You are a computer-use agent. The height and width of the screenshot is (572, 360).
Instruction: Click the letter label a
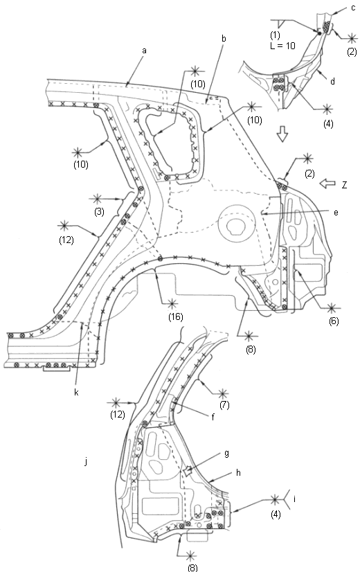point(144,51)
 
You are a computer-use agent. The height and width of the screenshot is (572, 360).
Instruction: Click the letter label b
point(224,38)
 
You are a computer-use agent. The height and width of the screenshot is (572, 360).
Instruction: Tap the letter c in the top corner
point(353,8)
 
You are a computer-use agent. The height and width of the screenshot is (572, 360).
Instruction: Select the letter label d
point(332,81)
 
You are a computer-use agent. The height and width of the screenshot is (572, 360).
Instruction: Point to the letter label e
point(336,213)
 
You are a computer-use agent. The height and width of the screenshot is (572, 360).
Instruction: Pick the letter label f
point(213,417)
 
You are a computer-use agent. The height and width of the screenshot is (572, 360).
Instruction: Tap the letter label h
point(239,472)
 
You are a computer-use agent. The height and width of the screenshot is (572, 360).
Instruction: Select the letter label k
point(76,392)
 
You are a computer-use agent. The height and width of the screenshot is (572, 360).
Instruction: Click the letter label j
point(86,462)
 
